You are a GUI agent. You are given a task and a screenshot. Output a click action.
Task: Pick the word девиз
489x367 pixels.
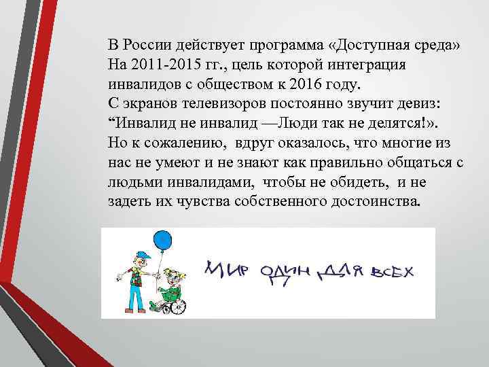pos(417,105)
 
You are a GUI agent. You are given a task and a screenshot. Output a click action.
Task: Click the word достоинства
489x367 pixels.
pos(365,203)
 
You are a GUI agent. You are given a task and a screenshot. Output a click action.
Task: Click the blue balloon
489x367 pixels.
pos(163,241)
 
